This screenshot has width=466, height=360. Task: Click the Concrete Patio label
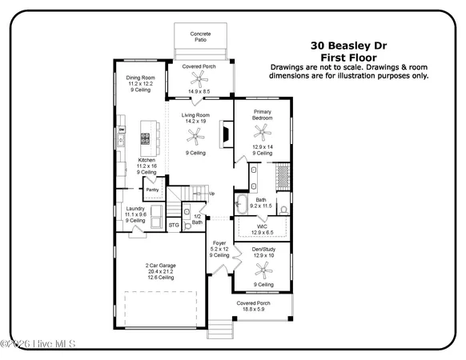click(201, 37)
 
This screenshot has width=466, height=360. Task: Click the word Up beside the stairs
click(211, 194)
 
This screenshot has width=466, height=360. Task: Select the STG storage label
click(174, 226)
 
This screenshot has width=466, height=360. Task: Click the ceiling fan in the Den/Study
click(262, 268)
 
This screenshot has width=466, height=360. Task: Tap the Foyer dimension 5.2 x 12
click(219, 248)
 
